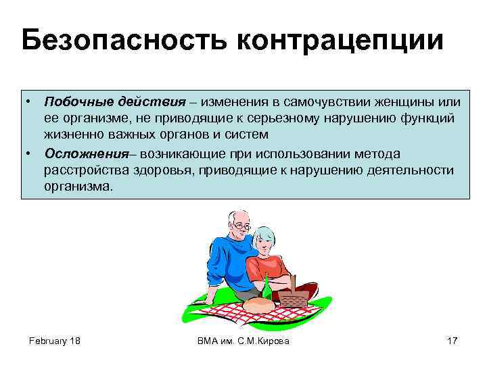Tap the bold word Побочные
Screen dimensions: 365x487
tap(74, 102)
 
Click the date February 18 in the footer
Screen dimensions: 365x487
tap(54, 341)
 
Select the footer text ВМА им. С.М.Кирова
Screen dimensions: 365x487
tap(243, 341)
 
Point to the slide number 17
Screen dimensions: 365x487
tap(452, 341)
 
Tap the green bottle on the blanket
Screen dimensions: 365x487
tap(266, 289)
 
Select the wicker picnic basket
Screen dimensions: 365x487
tap(294, 295)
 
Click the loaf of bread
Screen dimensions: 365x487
tap(259, 305)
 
